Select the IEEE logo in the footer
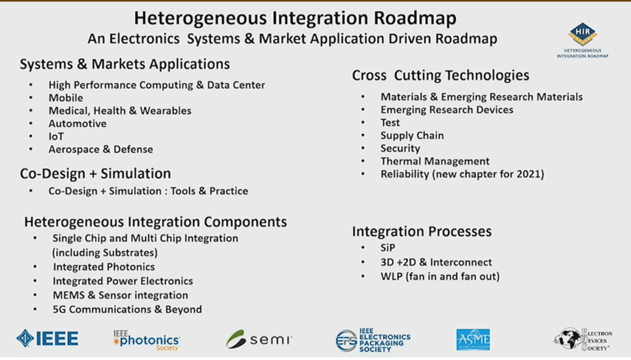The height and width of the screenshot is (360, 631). (x=47, y=338)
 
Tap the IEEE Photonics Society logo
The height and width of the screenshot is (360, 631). (x=146, y=338)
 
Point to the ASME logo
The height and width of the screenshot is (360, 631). (x=473, y=339)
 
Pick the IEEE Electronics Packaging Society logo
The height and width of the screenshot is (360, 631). (x=373, y=339)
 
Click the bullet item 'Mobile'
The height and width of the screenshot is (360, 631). (x=66, y=98)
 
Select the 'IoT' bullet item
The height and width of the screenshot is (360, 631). (x=56, y=136)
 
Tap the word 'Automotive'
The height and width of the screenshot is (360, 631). (x=78, y=123)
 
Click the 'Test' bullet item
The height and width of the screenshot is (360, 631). (x=390, y=123)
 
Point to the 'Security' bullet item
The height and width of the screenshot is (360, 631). (x=400, y=149)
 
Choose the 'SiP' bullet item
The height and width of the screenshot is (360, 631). (x=388, y=248)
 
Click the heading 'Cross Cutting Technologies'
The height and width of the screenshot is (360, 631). (x=441, y=76)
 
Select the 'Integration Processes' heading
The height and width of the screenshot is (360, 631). (x=421, y=232)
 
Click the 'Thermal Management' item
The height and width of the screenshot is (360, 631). (x=435, y=162)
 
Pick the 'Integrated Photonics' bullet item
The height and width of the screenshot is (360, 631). (x=104, y=267)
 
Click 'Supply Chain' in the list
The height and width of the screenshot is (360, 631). (x=412, y=136)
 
